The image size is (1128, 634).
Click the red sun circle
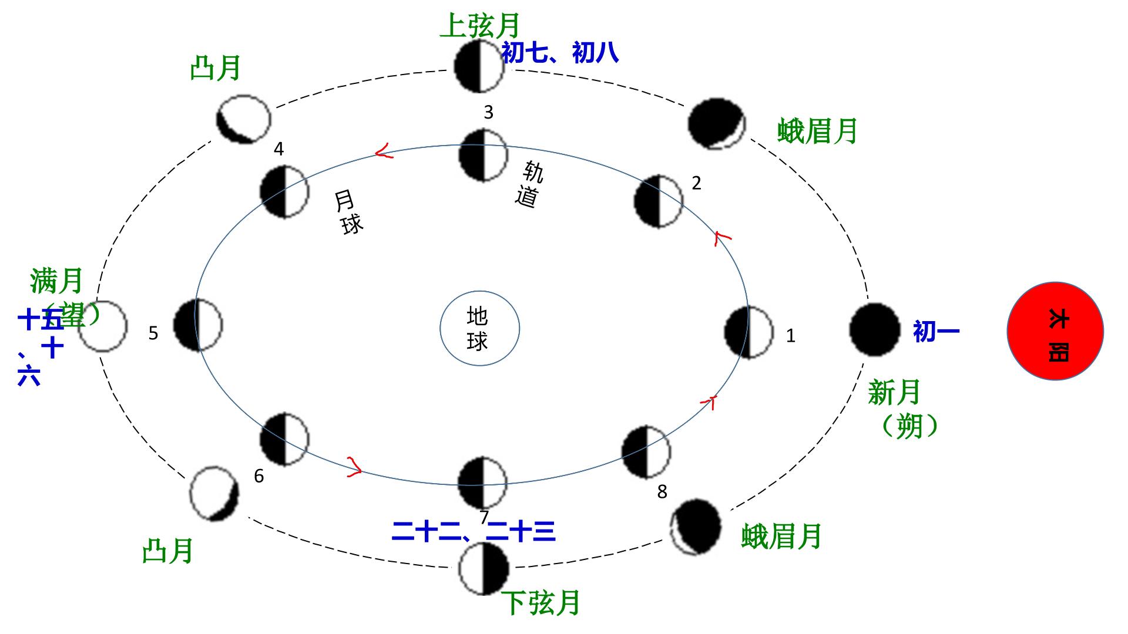1055,332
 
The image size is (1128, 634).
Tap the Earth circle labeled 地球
479,328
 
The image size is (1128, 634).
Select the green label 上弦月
480,26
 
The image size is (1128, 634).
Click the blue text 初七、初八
560,53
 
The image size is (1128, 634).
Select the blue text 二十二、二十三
474,532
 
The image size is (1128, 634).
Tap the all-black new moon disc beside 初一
874,330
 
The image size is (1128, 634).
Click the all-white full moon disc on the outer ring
103,326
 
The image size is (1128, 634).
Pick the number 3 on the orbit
488,113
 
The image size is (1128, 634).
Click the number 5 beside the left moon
153,333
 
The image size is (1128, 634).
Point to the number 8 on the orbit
662,492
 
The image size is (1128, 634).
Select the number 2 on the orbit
696,183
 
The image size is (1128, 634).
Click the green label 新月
894,392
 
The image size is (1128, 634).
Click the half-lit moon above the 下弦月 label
484,569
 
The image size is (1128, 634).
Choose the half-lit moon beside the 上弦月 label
479,66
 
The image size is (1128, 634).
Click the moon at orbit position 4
284,191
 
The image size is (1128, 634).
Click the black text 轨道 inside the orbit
529,184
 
